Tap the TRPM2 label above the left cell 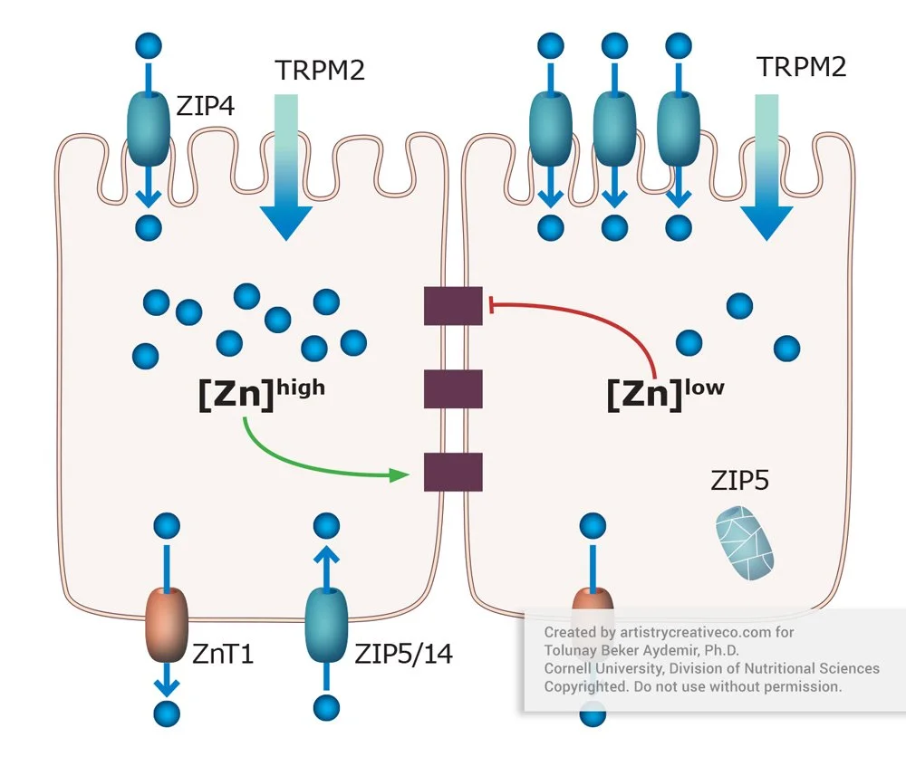pos(319,69)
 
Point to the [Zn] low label pos(665,395)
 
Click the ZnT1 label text pos(223,652)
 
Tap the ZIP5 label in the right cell pos(739,480)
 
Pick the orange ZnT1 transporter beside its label pos(167,624)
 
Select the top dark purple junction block pos(453,305)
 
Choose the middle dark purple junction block pos(453,388)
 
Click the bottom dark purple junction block pos(453,472)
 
